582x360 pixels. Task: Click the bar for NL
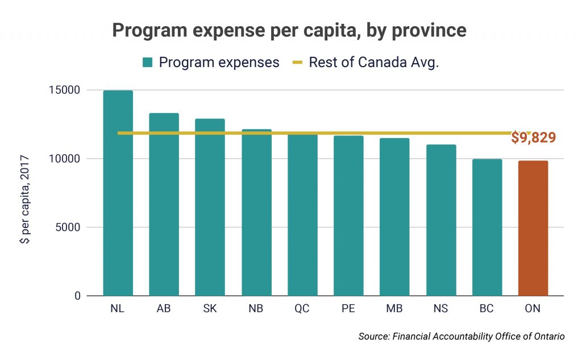coord(118,193)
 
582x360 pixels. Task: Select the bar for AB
coord(164,205)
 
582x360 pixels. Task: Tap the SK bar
coord(210,208)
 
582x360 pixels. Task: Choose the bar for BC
coord(487,227)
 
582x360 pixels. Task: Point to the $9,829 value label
coord(533,138)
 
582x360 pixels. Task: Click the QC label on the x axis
coord(302,309)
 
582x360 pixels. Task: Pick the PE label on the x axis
coord(348,309)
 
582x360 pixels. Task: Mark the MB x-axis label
coord(394,309)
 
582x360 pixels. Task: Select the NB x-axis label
coord(256,309)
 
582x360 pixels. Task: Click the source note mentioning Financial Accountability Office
coord(462,337)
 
